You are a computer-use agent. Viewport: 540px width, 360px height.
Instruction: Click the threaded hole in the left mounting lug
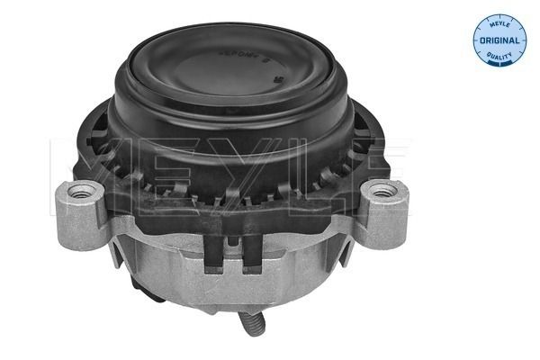(x=85, y=190)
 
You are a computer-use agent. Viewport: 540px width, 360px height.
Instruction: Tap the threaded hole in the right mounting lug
(x=383, y=189)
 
